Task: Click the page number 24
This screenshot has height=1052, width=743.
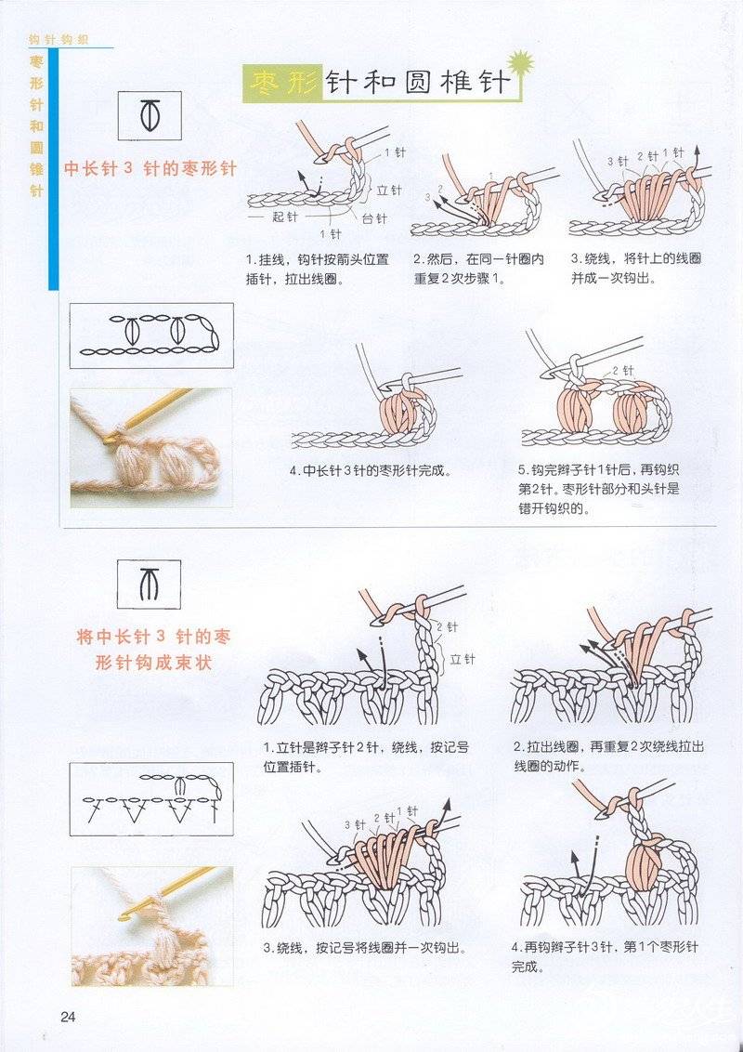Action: [69, 1016]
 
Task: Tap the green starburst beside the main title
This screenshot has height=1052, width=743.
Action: [521, 63]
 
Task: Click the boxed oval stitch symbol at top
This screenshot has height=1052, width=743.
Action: [150, 115]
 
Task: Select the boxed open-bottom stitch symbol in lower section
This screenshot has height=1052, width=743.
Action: [150, 585]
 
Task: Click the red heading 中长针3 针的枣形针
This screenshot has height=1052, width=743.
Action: [150, 168]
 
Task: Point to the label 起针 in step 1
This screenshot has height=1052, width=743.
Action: [284, 217]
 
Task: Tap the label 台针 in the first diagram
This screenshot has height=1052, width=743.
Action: [374, 217]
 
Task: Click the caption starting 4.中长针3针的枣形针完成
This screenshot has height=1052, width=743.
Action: [371, 471]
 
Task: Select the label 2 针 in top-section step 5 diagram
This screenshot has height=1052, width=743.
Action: [622, 371]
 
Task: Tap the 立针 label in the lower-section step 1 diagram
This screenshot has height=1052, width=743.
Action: [462, 660]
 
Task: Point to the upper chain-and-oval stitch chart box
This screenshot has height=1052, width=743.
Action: [151, 335]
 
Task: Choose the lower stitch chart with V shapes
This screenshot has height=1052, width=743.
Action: [151, 799]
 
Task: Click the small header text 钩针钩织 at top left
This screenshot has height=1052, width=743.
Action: [59, 40]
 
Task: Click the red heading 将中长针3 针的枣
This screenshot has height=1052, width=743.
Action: [153, 636]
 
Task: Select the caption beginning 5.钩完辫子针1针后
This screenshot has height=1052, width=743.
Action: [599, 489]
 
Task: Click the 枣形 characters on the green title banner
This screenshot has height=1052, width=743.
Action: [283, 84]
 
